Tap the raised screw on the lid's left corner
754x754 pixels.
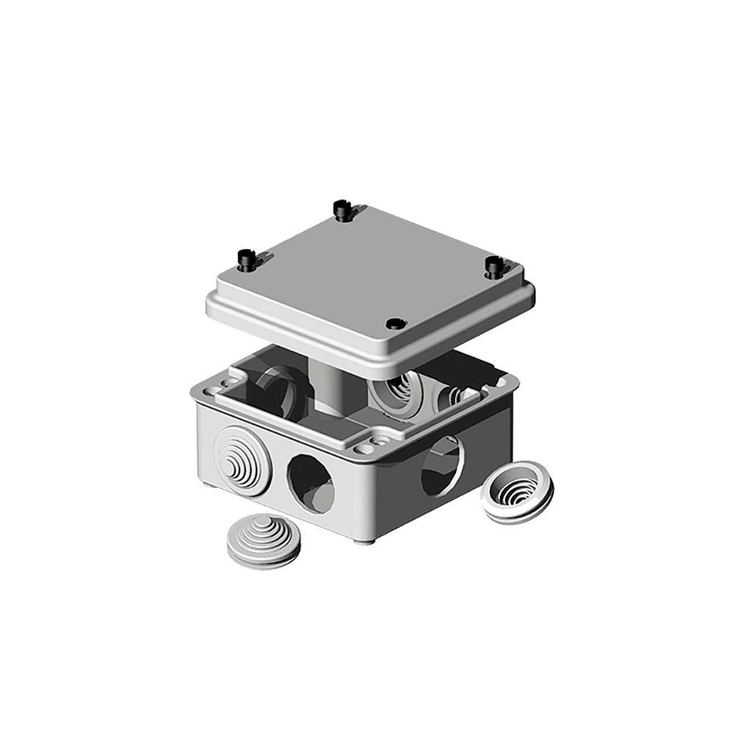pos(245,258)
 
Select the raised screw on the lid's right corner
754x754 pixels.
pos(493,266)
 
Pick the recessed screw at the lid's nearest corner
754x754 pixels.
pos(395,323)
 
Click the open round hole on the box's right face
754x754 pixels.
pos(442,465)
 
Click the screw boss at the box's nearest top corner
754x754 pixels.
pos(364,446)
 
